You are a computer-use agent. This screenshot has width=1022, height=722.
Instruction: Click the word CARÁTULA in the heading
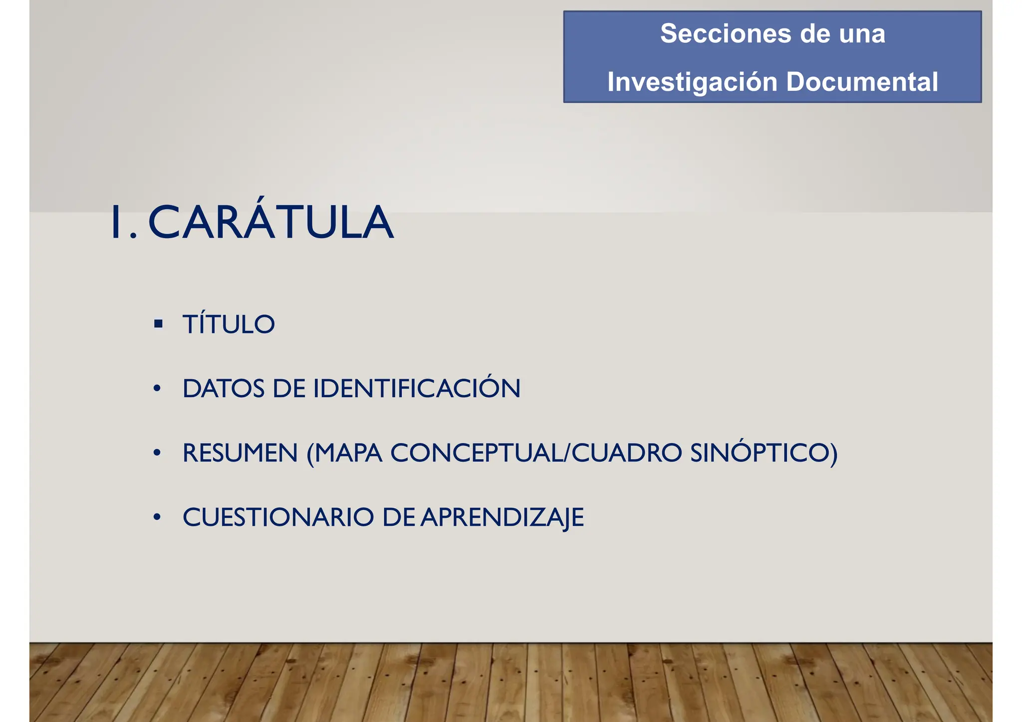(271, 223)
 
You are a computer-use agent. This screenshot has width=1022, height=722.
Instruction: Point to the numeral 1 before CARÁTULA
(117, 223)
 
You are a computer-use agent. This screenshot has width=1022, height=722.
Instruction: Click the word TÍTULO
(229, 324)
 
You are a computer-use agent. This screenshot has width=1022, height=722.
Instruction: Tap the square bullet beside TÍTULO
(159, 324)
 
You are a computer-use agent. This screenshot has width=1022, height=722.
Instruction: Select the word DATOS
(224, 389)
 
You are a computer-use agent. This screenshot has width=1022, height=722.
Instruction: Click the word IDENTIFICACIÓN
(417, 389)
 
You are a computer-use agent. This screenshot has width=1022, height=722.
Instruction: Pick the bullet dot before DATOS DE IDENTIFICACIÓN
(157, 389)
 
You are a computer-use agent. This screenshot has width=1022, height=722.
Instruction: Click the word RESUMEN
(240, 453)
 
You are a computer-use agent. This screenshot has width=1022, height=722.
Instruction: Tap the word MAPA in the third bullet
(348, 453)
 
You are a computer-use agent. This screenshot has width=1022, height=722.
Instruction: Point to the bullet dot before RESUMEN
(157, 453)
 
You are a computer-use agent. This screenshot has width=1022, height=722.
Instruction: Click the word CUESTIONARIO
(278, 517)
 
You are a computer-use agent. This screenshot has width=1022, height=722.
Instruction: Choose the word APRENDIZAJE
(502, 517)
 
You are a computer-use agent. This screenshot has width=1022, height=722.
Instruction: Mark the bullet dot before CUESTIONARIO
(157, 517)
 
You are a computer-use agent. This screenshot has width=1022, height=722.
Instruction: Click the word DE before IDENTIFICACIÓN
(289, 389)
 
